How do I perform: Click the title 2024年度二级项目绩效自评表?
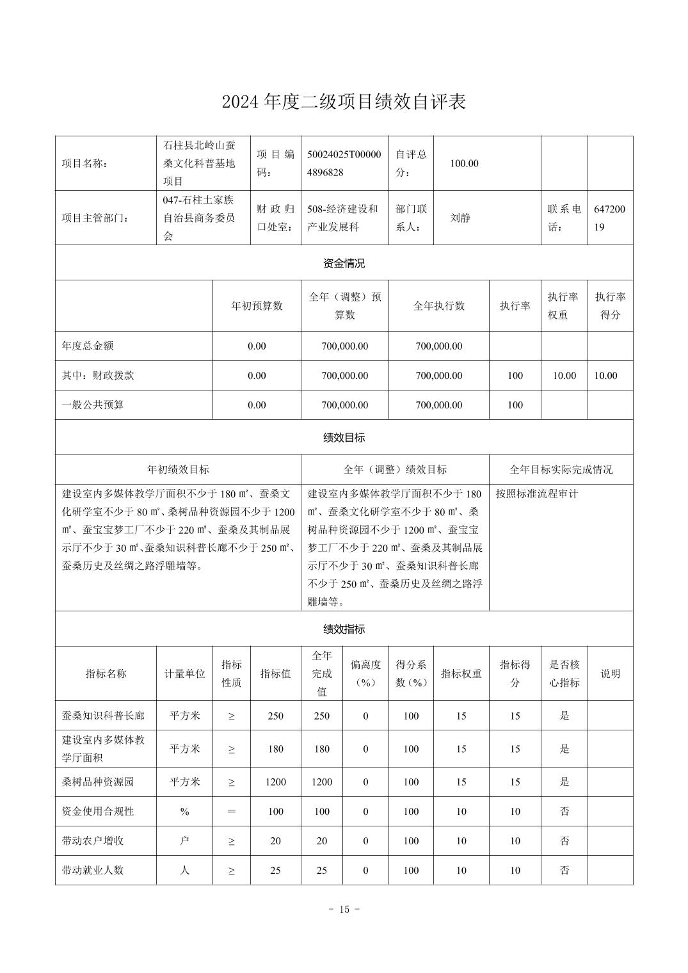tap(344, 102)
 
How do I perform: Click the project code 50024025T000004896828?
tap(344, 163)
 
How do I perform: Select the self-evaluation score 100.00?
tap(464, 163)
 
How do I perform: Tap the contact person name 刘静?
tap(460, 218)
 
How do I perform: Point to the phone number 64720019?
tap(609, 218)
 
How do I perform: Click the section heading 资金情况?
tap(344, 263)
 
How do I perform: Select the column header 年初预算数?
tap(257, 306)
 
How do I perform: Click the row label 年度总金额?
tap(88, 346)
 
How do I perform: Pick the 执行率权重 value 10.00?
tap(564, 376)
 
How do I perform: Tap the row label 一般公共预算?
tap(93, 405)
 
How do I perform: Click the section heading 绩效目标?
tap(344, 438)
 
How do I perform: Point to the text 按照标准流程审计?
tap(536, 494)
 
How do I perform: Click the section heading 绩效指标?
tap(344, 629)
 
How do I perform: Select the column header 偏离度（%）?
tap(365, 673)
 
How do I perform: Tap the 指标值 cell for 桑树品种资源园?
tap(275, 782)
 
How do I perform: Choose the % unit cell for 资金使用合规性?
tap(184, 811)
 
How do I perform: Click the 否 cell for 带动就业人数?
tap(564, 870)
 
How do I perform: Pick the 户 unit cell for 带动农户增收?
tap(184, 840)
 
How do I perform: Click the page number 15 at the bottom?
tap(344, 909)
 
